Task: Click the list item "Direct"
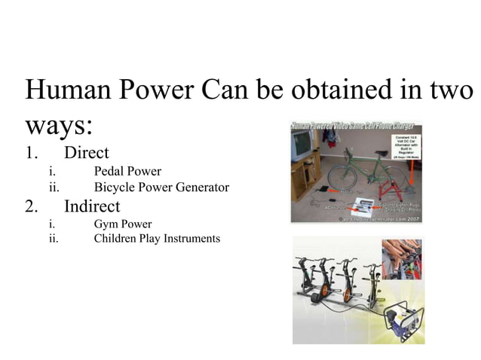[87, 152]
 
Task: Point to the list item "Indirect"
[92, 206]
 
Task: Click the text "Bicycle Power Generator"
[161, 187]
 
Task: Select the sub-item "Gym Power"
[123, 224]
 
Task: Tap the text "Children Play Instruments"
[157, 239]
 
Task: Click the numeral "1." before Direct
[32, 152]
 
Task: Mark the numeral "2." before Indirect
[32, 206]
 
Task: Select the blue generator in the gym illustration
[400, 320]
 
